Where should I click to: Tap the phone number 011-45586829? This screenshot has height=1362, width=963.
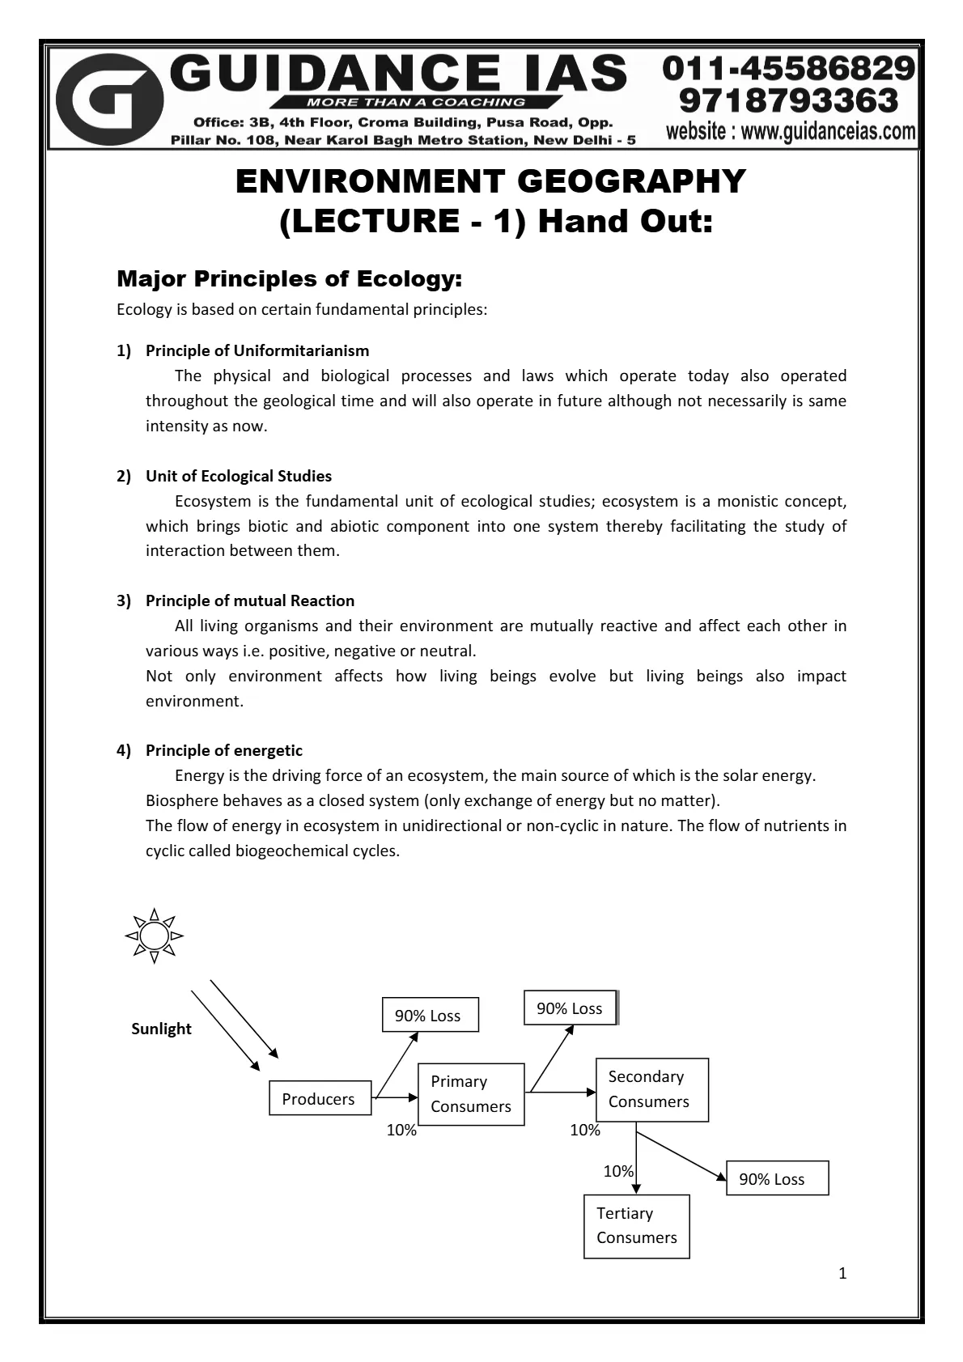(789, 70)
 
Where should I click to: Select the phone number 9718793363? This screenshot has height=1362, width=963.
(789, 101)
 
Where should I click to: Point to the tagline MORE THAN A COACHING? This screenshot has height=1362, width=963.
(415, 103)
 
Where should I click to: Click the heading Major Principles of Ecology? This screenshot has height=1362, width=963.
(289, 279)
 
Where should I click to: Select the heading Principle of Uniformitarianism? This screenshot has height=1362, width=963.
(257, 350)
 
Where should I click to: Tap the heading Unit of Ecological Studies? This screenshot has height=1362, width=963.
(239, 476)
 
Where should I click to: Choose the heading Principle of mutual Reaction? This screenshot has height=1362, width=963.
(250, 600)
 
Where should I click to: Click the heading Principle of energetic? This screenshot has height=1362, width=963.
(224, 750)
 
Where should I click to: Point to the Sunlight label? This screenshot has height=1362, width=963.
(161, 1029)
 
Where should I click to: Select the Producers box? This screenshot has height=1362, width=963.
(319, 1099)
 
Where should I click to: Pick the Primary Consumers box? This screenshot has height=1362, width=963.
(471, 1094)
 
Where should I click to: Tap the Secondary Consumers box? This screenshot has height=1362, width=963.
(651, 1089)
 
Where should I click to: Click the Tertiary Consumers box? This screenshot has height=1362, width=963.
(637, 1226)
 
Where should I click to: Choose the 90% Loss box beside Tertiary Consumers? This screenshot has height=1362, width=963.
(777, 1179)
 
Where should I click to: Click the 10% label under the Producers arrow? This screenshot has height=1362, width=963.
(401, 1131)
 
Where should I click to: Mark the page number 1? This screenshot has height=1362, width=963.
(842, 1274)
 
